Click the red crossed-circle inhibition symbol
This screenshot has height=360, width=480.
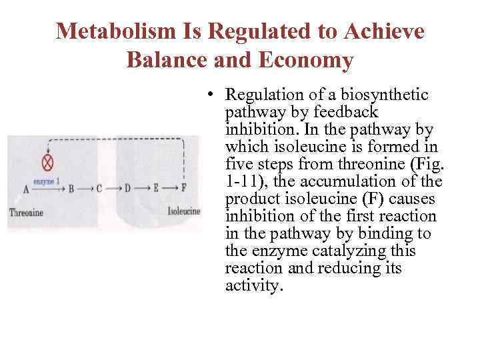47,163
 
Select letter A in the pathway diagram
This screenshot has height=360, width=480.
26,189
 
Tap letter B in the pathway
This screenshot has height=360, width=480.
71,189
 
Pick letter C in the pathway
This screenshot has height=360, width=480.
99,189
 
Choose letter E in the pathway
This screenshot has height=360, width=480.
155,189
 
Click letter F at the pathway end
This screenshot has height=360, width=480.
184,189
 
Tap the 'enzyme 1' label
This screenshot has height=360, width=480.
49,181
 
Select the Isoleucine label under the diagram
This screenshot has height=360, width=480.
183,211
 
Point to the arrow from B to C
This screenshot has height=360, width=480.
85,189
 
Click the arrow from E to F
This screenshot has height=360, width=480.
169,189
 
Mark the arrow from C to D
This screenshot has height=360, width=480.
113,189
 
